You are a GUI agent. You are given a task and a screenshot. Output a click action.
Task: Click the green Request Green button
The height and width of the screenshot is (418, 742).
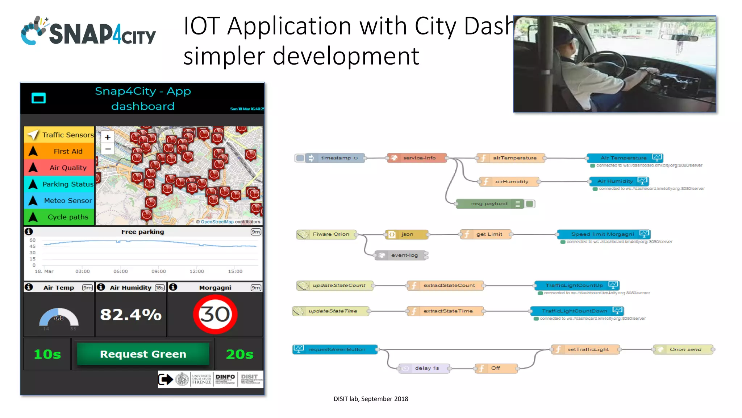(x=143, y=354)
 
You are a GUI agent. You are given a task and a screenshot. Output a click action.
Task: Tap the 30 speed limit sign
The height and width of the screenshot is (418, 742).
(x=215, y=314)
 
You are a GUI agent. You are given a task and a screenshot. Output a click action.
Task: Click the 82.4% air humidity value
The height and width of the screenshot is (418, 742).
(x=131, y=315)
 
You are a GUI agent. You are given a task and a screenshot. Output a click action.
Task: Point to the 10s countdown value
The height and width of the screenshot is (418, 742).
(x=47, y=354)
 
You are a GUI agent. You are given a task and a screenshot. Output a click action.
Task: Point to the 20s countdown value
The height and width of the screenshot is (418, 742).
(x=239, y=354)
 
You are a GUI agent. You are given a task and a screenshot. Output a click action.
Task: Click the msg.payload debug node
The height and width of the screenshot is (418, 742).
(x=489, y=204)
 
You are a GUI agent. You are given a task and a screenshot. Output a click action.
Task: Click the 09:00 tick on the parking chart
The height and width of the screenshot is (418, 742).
(x=159, y=271)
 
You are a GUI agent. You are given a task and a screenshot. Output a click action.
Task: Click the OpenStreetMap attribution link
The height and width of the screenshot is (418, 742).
(x=217, y=222)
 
